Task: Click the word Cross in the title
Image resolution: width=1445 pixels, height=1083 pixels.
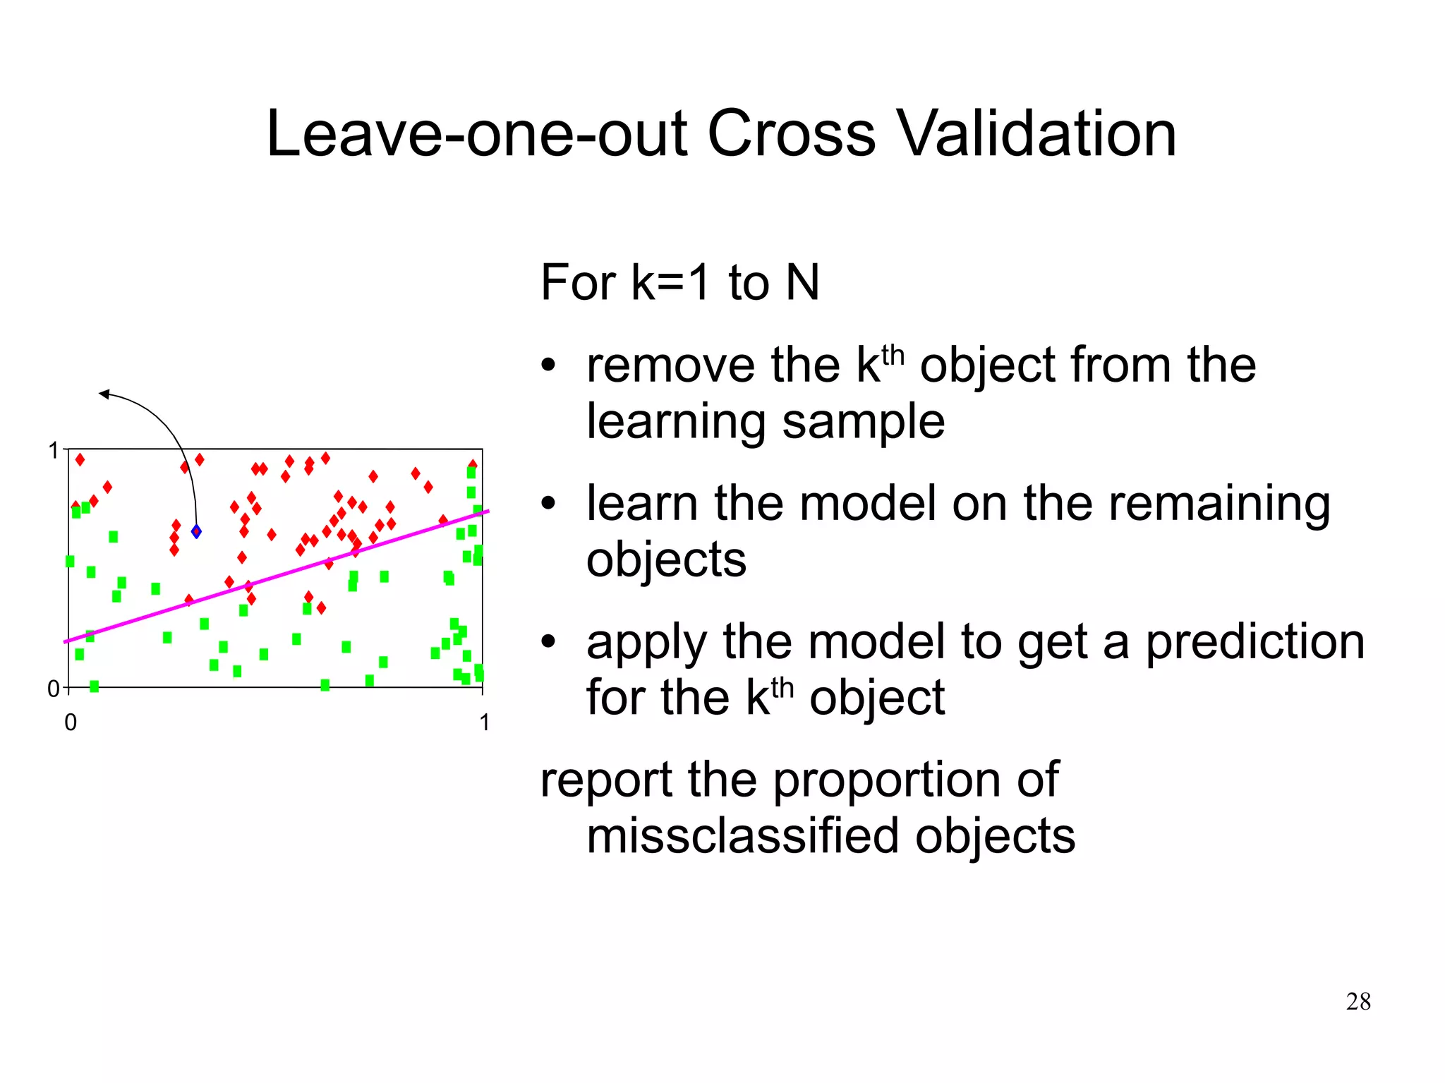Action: tap(792, 134)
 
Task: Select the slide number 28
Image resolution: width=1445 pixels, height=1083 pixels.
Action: tap(1358, 1001)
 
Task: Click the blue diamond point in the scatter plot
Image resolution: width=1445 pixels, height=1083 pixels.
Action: tap(196, 531)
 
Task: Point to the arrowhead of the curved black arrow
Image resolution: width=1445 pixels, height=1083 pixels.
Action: tap(104, 394)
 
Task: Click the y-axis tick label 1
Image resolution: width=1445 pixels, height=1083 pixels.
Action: tap(53, 451)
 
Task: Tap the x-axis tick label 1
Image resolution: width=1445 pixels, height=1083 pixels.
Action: tap(484, 722)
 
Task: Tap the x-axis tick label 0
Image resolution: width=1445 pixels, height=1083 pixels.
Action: tap(71, 722)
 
